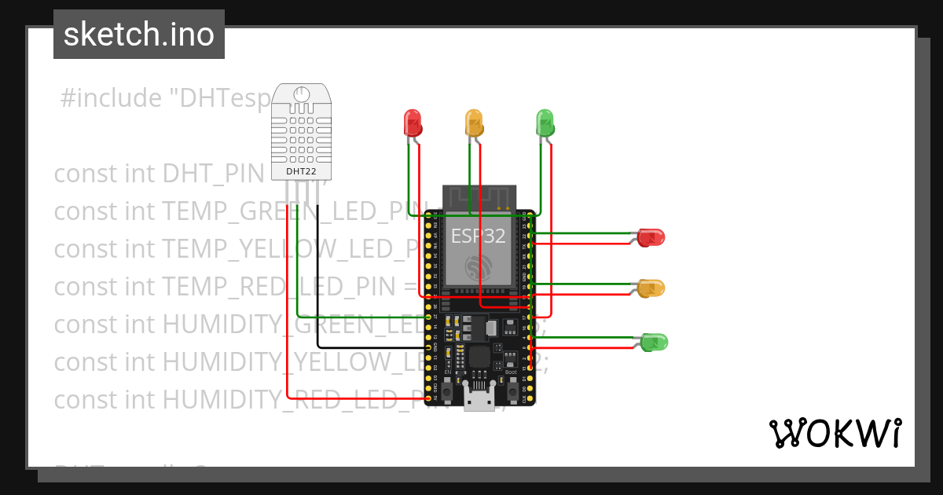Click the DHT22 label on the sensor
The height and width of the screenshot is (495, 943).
click(x=301, y=170)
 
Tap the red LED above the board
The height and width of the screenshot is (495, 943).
click(x=413, y=122)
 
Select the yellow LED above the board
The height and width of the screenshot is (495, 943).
click(x=474, y=122)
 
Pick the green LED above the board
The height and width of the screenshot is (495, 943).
click(x=545, y=122)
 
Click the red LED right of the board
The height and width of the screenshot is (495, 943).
click(x=651, y=236)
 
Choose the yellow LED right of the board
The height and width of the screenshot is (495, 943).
click(x=651, y=288)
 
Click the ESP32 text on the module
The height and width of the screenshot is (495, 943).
click(x=478, y=236)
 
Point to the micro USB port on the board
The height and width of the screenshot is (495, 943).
click(x=477, y=398)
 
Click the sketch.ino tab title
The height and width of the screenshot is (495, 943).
click(x=139, y=35)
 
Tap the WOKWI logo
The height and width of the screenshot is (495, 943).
click(x=835, y=433)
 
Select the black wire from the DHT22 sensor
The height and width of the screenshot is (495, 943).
click(x=317, y=275)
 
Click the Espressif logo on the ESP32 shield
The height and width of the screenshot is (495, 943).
click(x=478, y=267)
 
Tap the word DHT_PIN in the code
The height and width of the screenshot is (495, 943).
click(x=212, y=174)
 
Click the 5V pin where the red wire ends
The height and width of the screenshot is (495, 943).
click(x=429, y=398)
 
